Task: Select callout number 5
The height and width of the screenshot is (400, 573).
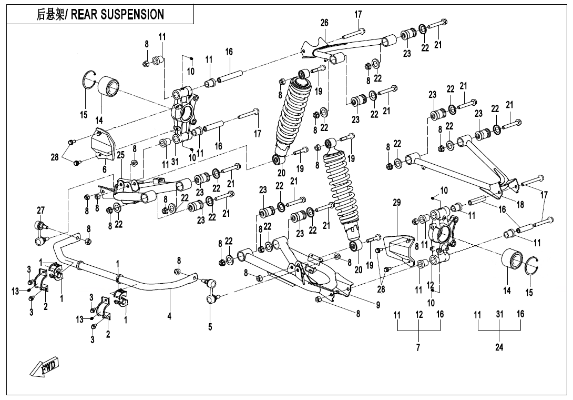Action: pyautogui.click(x=210, y=327)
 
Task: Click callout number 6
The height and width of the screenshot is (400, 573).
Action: pyautogui.click(x=105, y=169)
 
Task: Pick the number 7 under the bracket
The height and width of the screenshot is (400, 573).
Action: pyautogui.click(x=418, y=347)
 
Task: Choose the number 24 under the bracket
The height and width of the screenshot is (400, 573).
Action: pyautogui.click(x=499, y=347)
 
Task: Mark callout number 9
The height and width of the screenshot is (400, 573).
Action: pyautogui.click(x=378, y=304)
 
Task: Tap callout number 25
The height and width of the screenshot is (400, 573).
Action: pyautogui.click(x=120, y=156)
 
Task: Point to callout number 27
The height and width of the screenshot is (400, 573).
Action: pyautogui.click(x=40, y=210)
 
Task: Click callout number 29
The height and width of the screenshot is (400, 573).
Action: pyautogui.click(x=396, y=202)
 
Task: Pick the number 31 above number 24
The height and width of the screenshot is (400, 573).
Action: pyautogui.click(x=499, y=314)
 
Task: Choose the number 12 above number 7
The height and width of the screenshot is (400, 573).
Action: pyautogui.click(x=419, y=314)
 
